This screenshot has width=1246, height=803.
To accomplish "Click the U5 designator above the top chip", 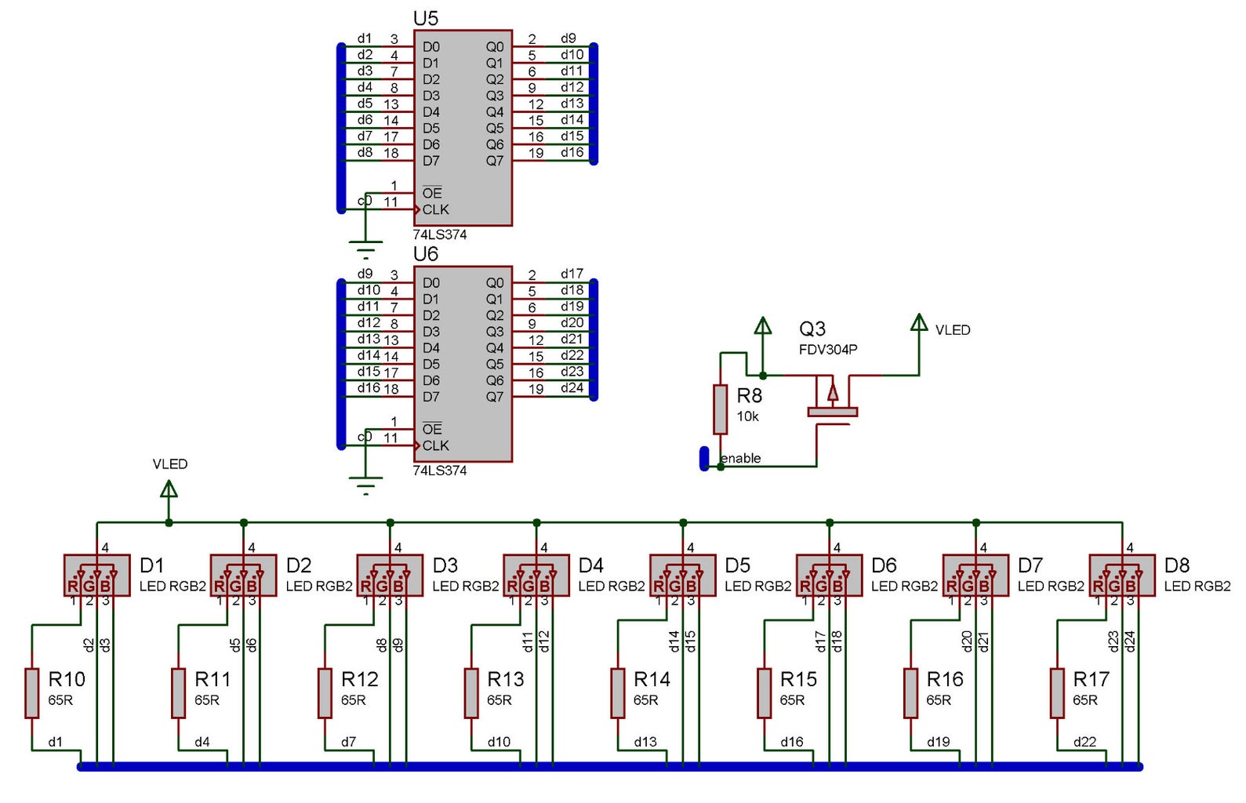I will pyautogui.click(x=425, y=18).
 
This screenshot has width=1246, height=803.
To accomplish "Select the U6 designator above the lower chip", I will pyautogui.click(x=425, y=254).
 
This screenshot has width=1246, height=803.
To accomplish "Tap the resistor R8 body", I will pyautogui.click(x=720, y=409).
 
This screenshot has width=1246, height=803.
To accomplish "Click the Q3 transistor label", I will pyautogui.click(x=812, y=329).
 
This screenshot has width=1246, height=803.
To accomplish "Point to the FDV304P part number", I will pyautogui.click(x=828, y=350).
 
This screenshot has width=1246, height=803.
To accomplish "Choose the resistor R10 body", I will pyautogui.click(x=32, y=693).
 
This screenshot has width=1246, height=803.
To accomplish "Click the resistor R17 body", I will pyautogui.click(x=1057, y=693).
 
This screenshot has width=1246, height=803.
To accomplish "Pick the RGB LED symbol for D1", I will pyautogui.click(x=96, y=576).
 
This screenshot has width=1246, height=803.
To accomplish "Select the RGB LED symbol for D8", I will pyautogui.click(x=1122, y=576).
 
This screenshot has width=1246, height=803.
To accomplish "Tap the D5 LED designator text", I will pyautogui.click(x=737, y=565).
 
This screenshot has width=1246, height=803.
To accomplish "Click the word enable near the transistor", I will pyautogui.click(x=741, y=458).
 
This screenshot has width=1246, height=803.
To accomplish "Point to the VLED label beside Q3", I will pyautogui.click(x=953, y=330).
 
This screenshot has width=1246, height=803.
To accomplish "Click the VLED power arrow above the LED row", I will pyautogui.click(x=169, y=489).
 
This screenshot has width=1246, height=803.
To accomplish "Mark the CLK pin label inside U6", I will pyautogui.click(x=435, y=445).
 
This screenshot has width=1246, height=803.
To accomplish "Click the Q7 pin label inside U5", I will pyautogui.click(x=494, y=161).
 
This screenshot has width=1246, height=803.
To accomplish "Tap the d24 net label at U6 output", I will pyautogui.click(x=572, y=387).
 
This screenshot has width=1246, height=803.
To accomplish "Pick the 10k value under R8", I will pyautogui.click(x=747, y=416).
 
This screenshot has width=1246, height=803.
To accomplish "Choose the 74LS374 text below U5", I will pyautogui.click(x=440, y=234).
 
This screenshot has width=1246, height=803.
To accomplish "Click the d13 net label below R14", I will pyautogui.click(x=645, y=742).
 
